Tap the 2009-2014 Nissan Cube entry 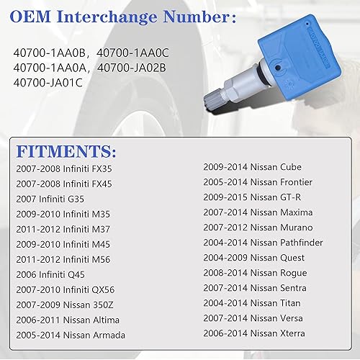[x=252, y=167]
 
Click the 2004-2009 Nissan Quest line [x=256, y=258]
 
